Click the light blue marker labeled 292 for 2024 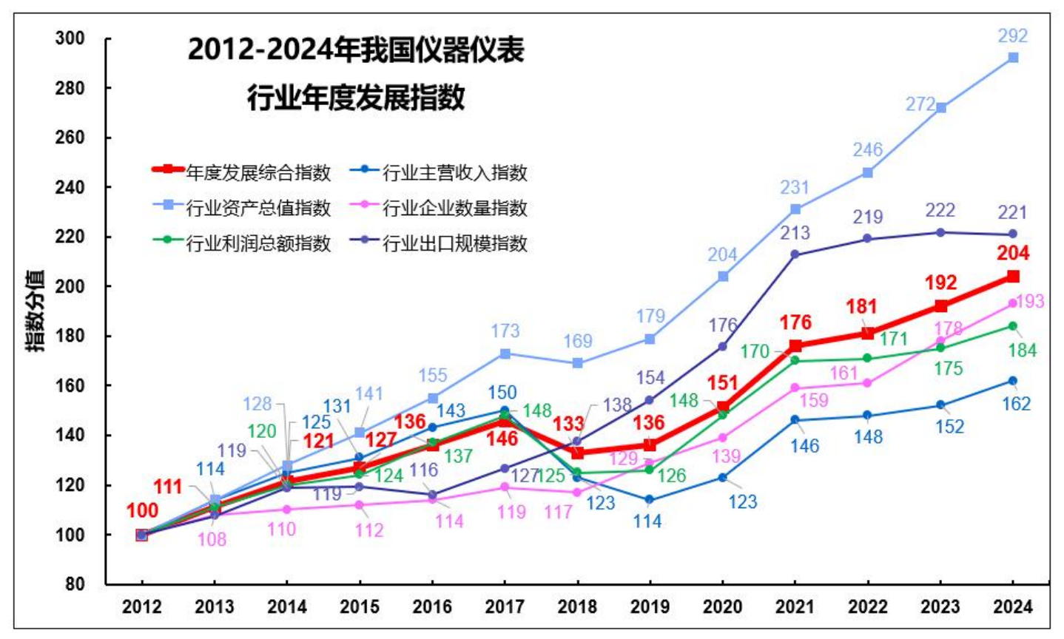tap(1013, 58)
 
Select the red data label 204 tap(1013, 254)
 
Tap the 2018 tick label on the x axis tap(577, 606)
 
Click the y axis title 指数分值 tap(36, 311)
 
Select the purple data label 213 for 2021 tap(795, 233)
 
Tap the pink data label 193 tap(1029, 301)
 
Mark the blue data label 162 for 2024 tap(1016, 404)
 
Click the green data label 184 tap(1023, 351)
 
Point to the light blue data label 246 tap(867, 150)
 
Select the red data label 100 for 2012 tap(142, 510)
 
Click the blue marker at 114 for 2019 tap(650, 500)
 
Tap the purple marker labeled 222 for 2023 tap(940, 232)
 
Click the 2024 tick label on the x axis tap(1012, 606)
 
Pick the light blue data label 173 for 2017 tap(505, 331)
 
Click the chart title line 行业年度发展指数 tap(356, 97)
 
